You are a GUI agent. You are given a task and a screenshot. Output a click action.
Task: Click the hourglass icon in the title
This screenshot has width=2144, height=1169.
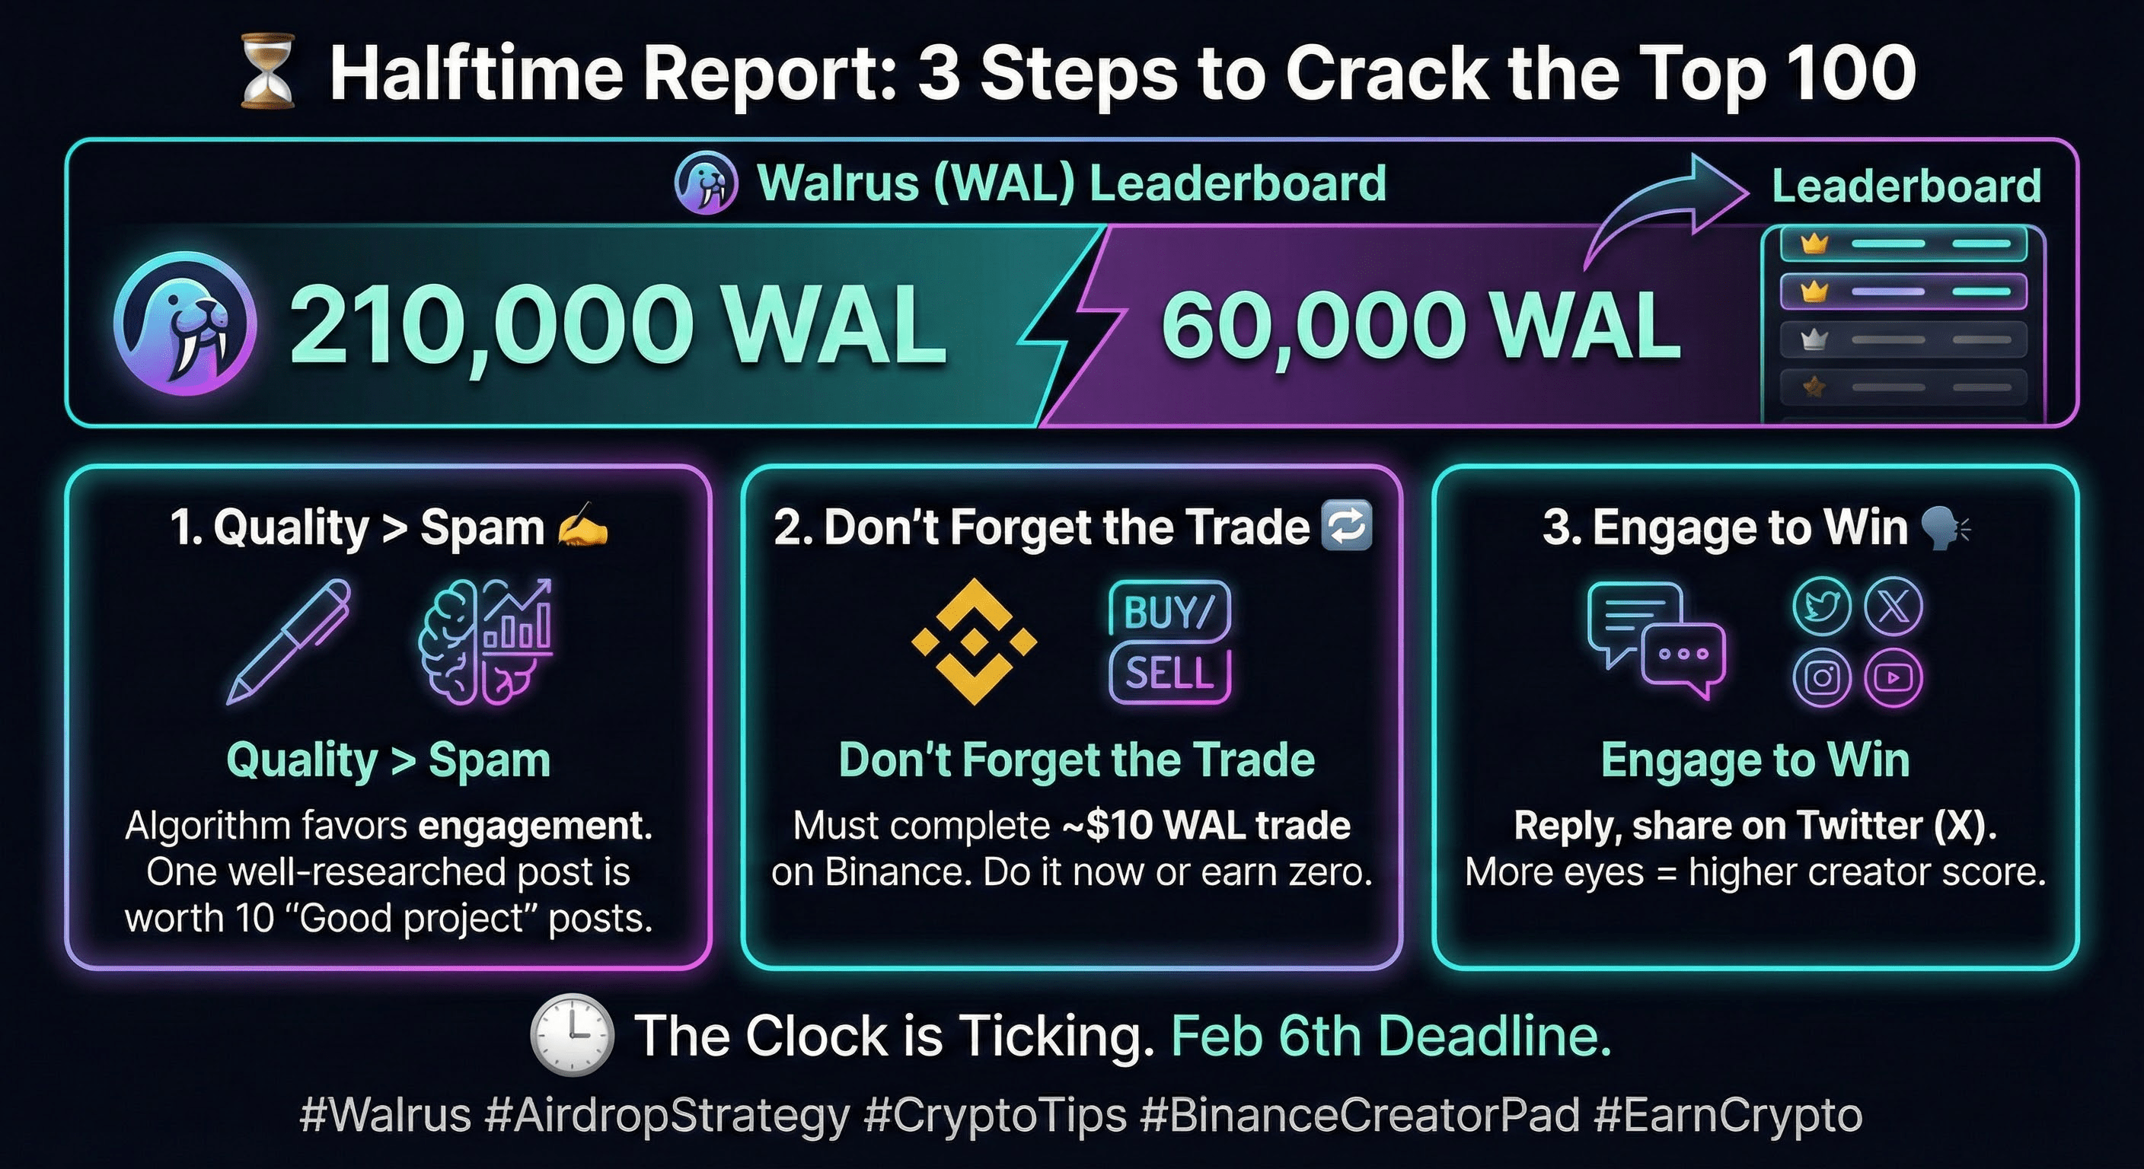(x=267, y=72)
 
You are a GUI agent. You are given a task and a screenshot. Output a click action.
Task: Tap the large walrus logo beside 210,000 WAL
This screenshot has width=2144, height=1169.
(x=185, y=324)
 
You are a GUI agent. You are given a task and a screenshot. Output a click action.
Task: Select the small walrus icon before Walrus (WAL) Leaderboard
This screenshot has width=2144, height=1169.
(x=706, y=183)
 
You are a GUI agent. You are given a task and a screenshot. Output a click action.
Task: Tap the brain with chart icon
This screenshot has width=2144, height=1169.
(x=485, y=642)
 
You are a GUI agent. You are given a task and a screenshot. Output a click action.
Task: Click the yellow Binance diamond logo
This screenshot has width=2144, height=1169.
(x=975, y=642)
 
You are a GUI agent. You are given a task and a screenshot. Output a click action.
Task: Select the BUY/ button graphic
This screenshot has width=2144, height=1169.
(x=1169, y=610)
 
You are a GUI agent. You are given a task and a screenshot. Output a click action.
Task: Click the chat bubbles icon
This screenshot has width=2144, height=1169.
(x=1656, y=640)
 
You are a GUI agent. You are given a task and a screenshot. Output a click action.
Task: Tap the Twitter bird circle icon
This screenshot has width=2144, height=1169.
(x=1822, y=606)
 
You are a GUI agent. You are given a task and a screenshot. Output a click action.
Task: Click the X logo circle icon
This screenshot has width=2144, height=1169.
(x=1894, y=606)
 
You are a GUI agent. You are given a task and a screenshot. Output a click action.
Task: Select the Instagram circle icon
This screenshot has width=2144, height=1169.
(x=1822, y=677)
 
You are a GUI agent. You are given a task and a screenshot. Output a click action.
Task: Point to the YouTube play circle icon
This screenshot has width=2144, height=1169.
(x=1894, y=677)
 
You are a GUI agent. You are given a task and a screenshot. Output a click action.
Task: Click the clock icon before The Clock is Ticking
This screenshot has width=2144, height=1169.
(x=572, y=1035)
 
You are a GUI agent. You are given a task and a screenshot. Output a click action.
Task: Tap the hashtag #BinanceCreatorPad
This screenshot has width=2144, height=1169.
(x=1359, y=1115)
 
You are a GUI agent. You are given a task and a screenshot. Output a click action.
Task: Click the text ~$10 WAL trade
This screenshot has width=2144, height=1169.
(x=1206, y=825)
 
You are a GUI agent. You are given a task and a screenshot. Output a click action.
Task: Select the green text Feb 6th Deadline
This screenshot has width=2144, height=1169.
(x=1391, y=1037)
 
